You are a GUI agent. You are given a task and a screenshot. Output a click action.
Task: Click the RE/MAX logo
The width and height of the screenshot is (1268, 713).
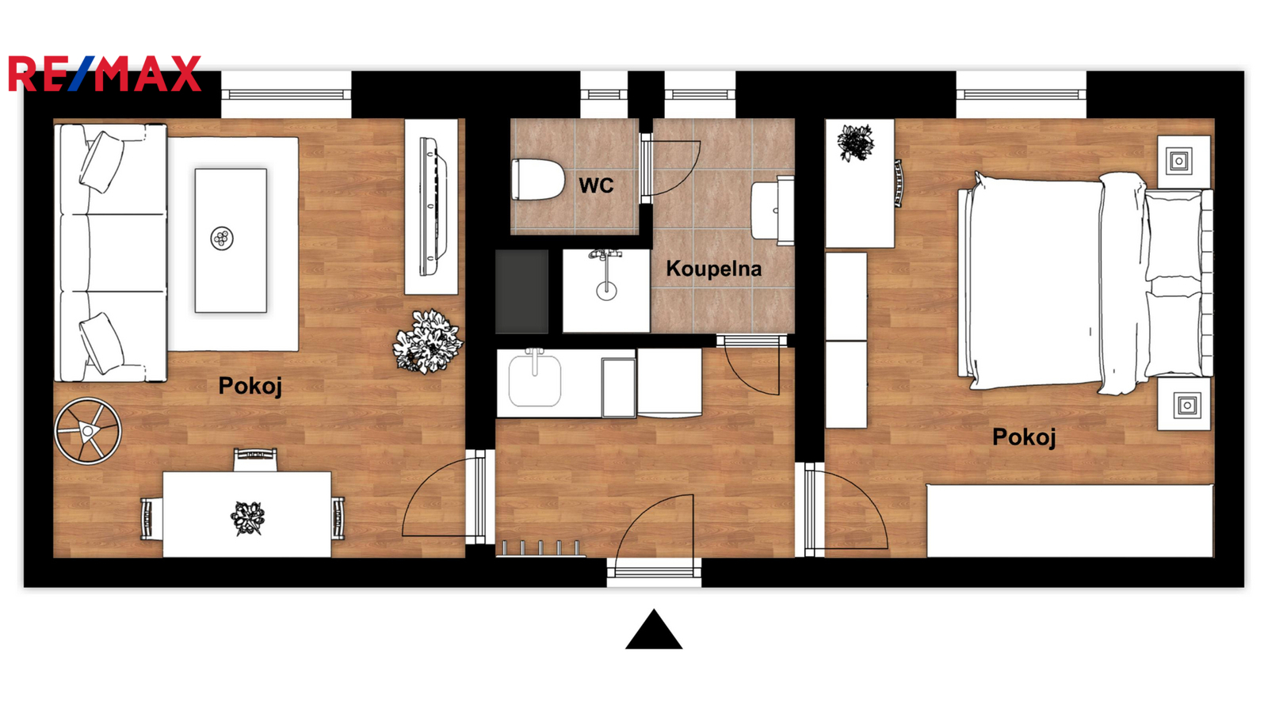click(105, 74)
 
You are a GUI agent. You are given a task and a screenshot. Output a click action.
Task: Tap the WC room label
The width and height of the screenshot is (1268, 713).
click(596, 185)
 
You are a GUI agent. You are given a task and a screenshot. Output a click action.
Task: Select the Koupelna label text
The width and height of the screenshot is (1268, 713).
click(713, 269)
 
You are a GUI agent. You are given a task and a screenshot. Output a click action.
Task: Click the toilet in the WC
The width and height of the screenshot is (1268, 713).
click(538, 179)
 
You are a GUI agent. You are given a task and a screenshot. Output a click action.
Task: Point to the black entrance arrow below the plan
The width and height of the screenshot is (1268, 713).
click(654, 629)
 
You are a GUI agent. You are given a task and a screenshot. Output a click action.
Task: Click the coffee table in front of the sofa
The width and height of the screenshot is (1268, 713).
click(231, 241)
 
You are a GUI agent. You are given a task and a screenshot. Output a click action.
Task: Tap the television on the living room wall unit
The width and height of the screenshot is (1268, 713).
click(433, 207)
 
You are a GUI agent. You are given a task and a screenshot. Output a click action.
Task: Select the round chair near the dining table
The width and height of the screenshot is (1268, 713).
click(88, 431)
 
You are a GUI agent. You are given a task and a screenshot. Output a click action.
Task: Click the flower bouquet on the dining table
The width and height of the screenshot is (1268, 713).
click(247, 518)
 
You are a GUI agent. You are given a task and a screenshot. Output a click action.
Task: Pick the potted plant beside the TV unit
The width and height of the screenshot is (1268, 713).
click(428, 341)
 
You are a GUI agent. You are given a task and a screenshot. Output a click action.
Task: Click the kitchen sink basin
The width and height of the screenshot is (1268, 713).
click(534, 380)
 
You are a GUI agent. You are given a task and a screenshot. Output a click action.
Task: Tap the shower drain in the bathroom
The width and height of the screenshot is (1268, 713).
click(606, 291)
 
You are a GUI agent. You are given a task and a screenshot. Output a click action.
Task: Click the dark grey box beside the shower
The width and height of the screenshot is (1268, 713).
click(522, 292)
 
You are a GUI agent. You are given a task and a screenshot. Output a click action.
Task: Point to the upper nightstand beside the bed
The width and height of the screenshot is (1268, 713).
click(1184, 162)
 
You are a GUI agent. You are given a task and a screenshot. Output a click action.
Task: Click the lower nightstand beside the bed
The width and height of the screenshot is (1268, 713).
click(1184, 404)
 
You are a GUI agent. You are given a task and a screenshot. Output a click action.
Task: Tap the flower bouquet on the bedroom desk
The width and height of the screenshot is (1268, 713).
click(855, 143)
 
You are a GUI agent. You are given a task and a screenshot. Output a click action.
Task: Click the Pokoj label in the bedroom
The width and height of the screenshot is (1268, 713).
click(1024, 437)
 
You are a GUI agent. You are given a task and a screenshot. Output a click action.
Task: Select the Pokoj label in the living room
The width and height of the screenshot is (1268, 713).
click(250, 386)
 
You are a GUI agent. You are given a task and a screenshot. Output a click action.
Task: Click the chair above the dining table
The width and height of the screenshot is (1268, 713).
click(255, 459)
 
